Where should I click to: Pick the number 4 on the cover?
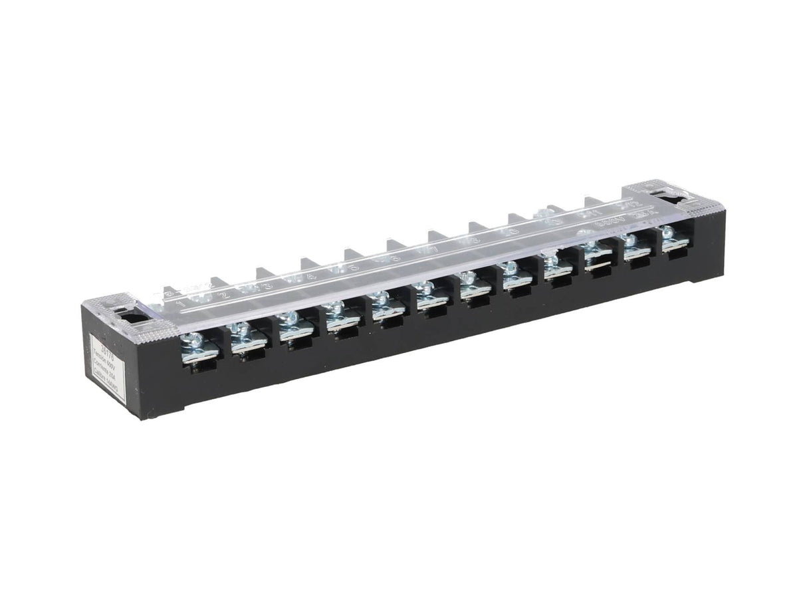point(310,277)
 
